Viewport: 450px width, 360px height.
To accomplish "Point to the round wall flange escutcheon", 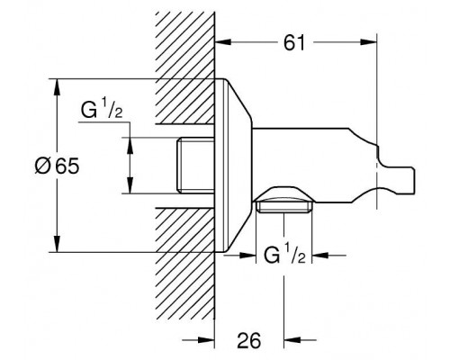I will click(x=236, y=166).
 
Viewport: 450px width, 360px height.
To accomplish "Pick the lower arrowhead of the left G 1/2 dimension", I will click(x=130, y=191).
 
